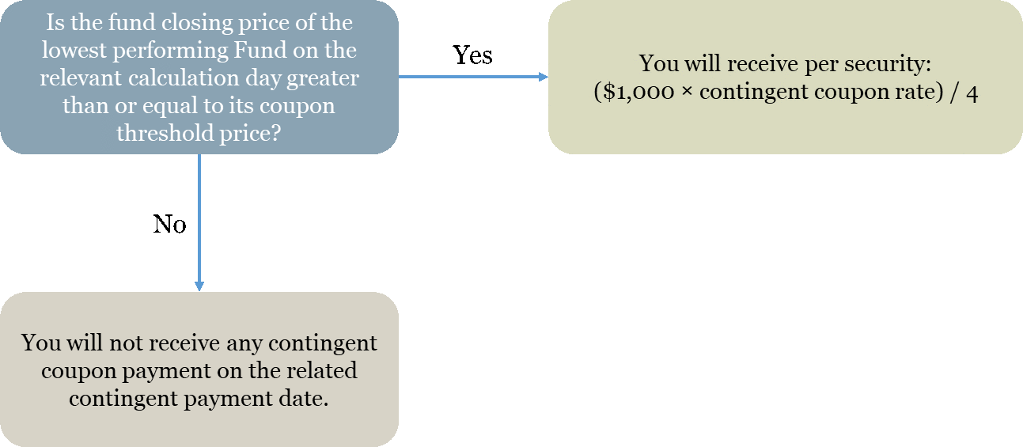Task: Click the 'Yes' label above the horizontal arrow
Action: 472,55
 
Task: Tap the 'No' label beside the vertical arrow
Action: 169,224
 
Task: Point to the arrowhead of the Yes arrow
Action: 543,77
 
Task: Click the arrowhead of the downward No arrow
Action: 199,286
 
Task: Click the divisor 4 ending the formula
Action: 972,93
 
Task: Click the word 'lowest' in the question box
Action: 74,50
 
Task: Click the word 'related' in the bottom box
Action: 321,370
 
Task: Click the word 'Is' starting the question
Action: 55,22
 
